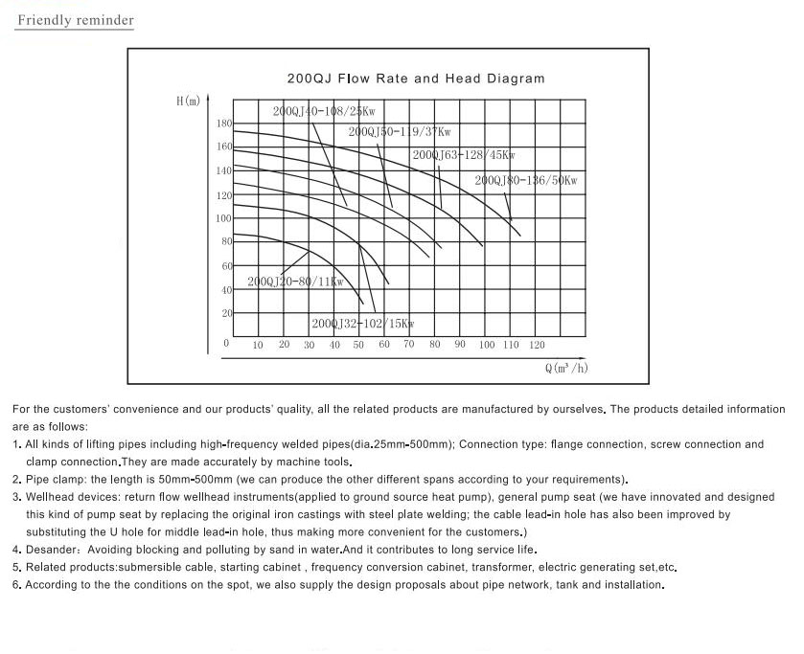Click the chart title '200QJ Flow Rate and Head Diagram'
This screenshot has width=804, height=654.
pos(416,79)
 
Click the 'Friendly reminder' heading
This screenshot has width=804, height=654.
pos(75,20)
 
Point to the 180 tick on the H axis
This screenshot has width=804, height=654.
pos(223,124)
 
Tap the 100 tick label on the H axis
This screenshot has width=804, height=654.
pos(223,218)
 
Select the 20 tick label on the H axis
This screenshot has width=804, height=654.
pos(227,313)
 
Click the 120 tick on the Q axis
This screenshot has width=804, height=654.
pos(537,345)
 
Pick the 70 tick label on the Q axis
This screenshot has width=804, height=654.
pos(408,344)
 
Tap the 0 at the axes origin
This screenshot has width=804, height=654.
pos(227,343)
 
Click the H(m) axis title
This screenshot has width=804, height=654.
pos(189,101)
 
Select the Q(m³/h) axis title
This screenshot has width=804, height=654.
pos(565,368)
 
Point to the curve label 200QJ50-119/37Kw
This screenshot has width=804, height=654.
pos(400,132)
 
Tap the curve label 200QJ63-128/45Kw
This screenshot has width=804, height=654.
pos(464,155)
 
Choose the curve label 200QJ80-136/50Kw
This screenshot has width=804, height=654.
pos(526,180)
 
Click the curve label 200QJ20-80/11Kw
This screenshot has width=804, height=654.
pos(295,282)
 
